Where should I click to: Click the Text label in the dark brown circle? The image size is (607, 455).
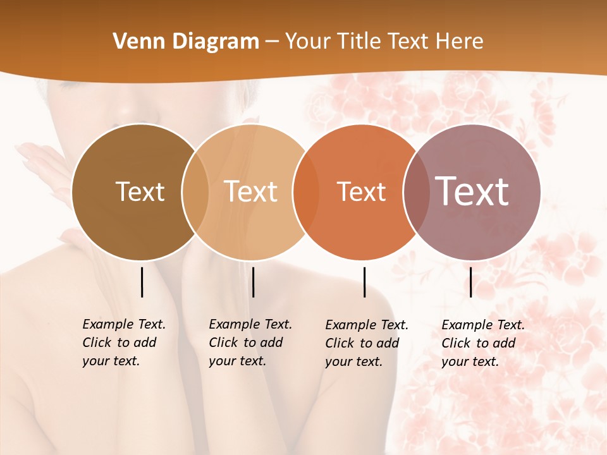140,191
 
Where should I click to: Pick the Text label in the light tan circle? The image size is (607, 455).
251,191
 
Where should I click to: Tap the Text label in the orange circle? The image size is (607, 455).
361,191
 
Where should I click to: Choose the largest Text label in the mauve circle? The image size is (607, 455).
472,191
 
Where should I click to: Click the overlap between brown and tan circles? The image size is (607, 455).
195,192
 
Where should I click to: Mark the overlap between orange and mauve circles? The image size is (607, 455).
413,192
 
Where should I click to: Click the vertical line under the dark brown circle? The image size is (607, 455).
142,282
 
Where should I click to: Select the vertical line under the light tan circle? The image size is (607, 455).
253,282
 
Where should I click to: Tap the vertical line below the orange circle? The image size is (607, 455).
365,282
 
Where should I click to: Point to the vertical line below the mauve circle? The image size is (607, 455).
471,282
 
